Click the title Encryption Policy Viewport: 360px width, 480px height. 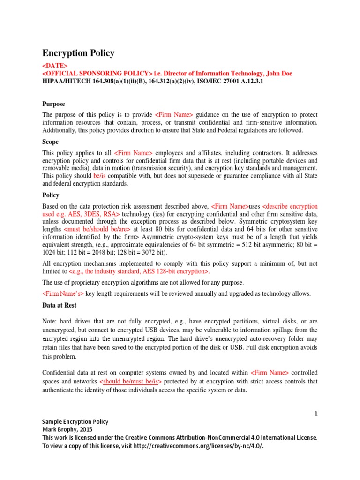[x=78, y=53]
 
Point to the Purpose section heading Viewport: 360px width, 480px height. [x=53, y=104]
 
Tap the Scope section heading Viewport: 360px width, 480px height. [x=51, y=142]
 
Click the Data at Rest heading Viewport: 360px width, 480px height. [x=60, y=305]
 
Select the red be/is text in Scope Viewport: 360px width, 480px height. [x=101, y=175]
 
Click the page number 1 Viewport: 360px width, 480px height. [x=316, y=413]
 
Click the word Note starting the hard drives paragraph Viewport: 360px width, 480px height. [x=50, y=322]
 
